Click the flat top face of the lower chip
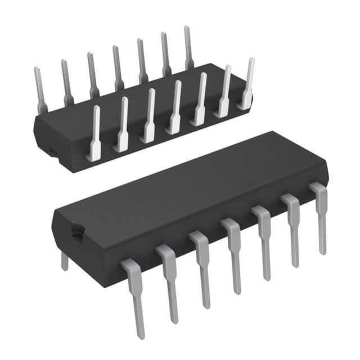click(186, 186)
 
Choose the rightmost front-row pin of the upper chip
click(247, 84)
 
